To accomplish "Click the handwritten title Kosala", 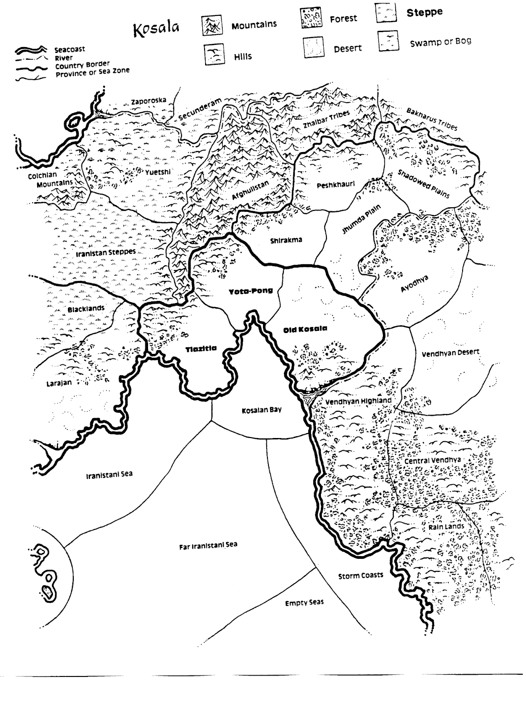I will coord(156,29).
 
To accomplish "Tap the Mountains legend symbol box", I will coord(212,26).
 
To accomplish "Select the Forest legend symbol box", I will coord(311,18).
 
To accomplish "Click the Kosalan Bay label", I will coord(262,410).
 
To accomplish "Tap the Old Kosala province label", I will coord(305,329).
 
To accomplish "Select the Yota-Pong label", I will coord(251,291).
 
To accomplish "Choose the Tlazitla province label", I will coord(201,348).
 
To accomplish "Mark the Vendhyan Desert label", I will coord(450,352).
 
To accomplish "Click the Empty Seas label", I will coord(304,603).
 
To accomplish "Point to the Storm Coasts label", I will coord(360,576).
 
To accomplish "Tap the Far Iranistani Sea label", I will coord(208,546).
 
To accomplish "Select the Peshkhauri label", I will coord(335,185).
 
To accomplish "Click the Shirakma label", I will coord(286,240).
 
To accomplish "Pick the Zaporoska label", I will coord(148,101).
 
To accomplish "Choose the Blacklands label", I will coord(86,309).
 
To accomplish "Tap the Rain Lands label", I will coord(446,527).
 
